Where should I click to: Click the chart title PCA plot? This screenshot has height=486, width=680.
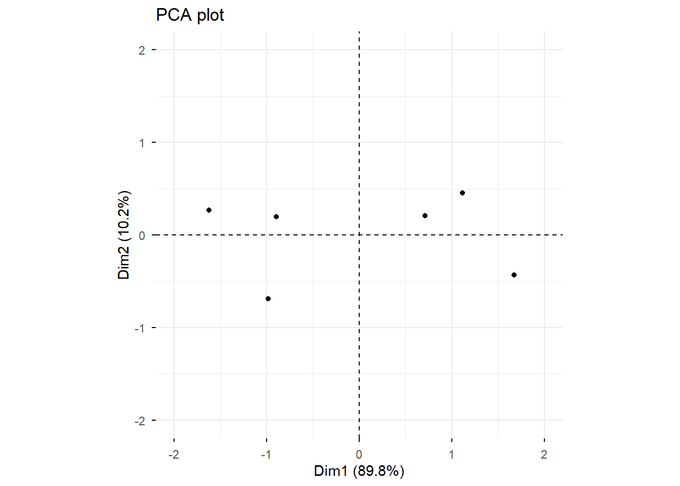click(x=190, y=15)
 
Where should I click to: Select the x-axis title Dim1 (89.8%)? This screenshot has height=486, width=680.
click(x=359, y=471)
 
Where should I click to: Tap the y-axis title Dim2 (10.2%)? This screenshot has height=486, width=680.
click(x=124, y=235)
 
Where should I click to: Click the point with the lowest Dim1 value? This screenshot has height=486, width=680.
click(x=209, y=210)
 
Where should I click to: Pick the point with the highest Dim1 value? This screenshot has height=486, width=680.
click(x=514, y=275)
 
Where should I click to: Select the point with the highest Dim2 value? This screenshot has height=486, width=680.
click(x=462, y=193)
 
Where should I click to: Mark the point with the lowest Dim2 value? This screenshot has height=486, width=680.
click(x=268, y=299)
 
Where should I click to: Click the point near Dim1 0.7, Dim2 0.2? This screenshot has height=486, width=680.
click(x=425, y=216)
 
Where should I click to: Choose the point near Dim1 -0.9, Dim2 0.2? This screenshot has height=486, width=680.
click(x=276, y=217)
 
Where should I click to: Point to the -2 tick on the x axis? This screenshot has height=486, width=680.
click(x=174, y=455)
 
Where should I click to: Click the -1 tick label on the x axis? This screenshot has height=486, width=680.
click(x=266, y=455)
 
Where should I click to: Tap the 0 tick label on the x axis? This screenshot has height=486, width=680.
click(x=359, y=455)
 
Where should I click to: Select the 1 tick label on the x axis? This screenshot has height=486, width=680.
click(x=451, y=455)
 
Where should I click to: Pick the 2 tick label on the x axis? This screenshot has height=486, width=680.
click(x=544, y=455)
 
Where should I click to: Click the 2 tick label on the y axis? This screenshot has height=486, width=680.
click(x=142, y=50)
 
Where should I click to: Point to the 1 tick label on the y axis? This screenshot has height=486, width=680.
click(x=142, y=143)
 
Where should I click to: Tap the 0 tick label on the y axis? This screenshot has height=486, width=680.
click(x=142, y=235)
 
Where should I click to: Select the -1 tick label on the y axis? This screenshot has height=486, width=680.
click(x=140, y=328)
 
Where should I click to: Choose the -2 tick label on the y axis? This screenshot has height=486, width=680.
click(x=140, y=421)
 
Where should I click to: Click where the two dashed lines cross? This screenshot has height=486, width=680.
click(x=359, y=235)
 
